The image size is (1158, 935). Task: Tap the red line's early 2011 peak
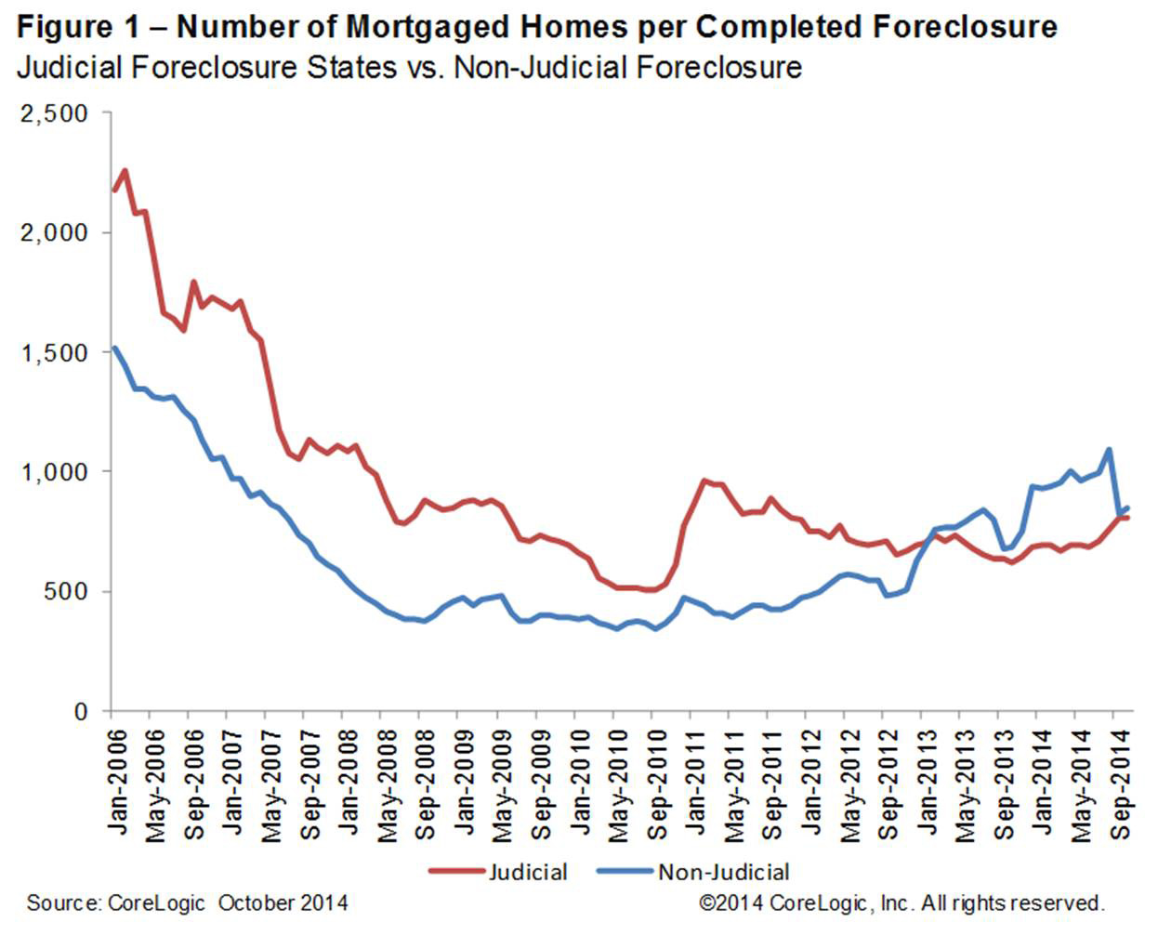[704, 481]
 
